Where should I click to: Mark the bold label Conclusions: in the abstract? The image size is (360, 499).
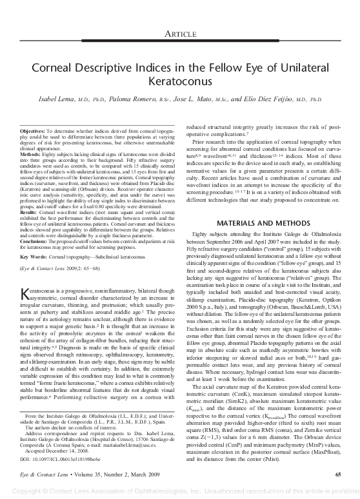(36, 244)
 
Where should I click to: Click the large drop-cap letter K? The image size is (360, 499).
(27, 295)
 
